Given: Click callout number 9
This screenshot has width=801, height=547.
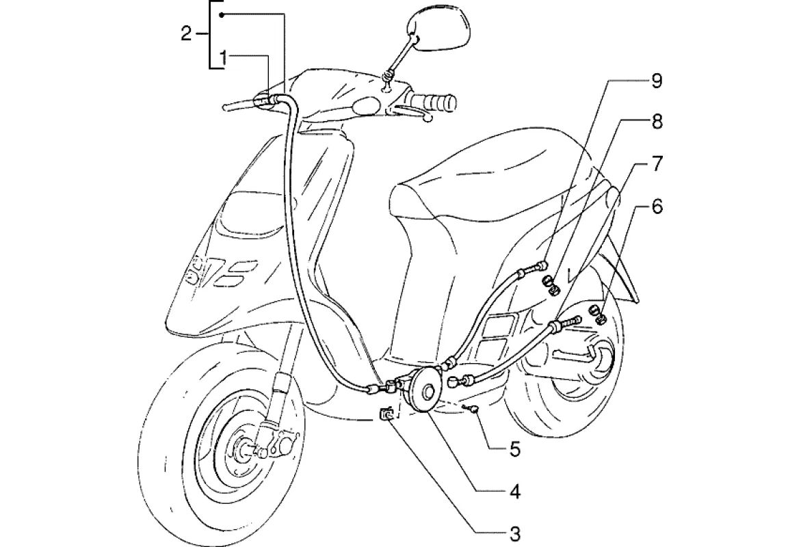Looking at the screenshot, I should coord(656,82).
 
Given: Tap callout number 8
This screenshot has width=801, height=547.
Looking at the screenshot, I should coord(656,123).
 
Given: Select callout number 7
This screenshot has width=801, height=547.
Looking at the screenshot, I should coord(656,164).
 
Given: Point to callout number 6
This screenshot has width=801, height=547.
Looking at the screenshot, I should coord(656,206).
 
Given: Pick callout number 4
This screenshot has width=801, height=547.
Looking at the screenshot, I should coord(514,490).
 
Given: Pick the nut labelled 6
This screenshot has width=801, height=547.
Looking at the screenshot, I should coord(599,315).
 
